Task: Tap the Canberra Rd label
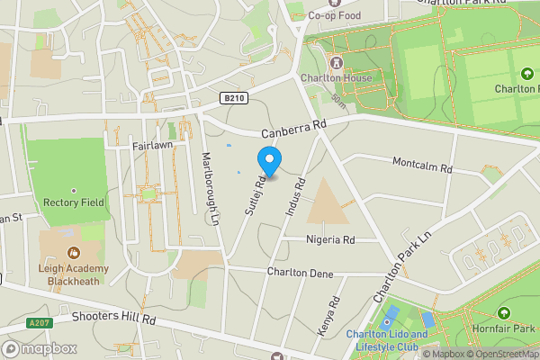point(293,124)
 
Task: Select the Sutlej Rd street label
point(255,194)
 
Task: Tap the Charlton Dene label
point(300,273)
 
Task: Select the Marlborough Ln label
point(210,184)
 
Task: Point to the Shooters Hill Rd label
point(114,319)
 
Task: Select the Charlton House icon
point(337,62)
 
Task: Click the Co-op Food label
point(340,14)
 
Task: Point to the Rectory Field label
point(73,202)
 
